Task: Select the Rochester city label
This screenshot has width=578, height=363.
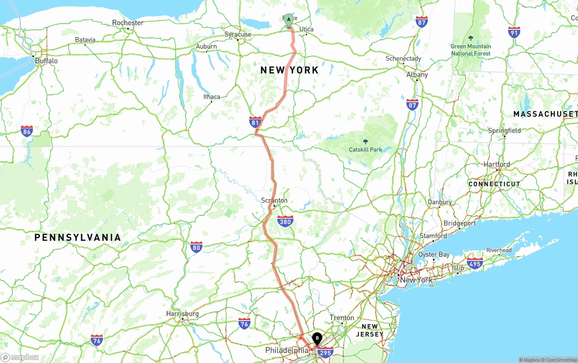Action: click(x=128, y=23)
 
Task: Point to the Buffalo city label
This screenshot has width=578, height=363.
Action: click(x=46, y=61)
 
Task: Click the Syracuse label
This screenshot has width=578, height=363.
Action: click(x=238, y=34)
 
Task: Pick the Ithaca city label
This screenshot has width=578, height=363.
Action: click(x=212, y=97)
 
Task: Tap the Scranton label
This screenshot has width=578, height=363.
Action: click(x=274, y=200)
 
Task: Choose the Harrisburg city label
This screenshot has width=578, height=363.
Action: click(x=182, y=314)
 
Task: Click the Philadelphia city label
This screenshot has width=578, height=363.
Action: click(x=287, y=350)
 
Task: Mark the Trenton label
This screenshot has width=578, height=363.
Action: click(x=342, y=318)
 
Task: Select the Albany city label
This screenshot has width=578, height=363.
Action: click(x=417, y=75)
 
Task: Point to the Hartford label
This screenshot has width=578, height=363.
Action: click(x=497, y=165)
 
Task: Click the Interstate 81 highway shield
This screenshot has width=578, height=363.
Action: click(x=255, y=122)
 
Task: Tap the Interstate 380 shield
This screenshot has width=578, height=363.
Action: click(x=285, y=221)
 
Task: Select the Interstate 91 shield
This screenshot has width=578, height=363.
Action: click(x=514, y=32)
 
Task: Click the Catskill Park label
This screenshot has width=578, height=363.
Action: click(x=365, y=149)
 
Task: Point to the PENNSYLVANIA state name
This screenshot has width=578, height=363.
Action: click(x=78, y=237)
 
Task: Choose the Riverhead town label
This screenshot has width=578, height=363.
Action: click(x=499, y=250)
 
